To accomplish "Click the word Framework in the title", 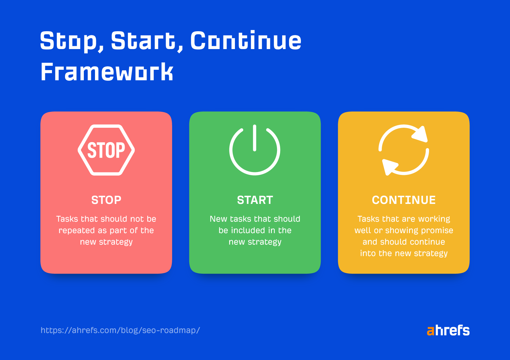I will (107, 72).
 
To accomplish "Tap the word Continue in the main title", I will (245, 41).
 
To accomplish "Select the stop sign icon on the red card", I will (106, 150).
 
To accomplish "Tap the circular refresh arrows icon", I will (404, 150).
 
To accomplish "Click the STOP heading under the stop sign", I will (106, 200).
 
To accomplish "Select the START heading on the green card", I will (255, 200).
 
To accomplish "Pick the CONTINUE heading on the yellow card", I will (404, 200).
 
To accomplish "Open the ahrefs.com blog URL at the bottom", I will (120, 330).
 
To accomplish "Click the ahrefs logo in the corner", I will (448, 330).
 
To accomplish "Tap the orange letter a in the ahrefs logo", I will (430, 331).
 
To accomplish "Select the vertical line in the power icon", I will (254, 138).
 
